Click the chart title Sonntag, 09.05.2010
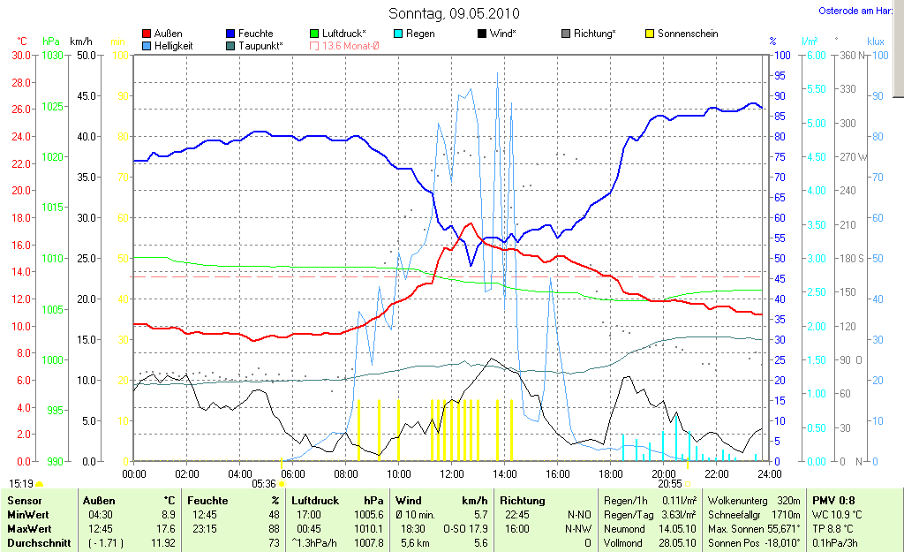(454, 13)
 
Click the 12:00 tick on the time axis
(452, 474)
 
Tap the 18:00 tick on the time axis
(611, 474)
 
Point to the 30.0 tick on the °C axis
(19, 55)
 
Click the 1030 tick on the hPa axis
(52, 55)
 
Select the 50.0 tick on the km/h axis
(87, 55)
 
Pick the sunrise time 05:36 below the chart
(264, 484)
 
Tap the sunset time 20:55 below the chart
(669, 484)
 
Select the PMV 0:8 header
(833, 501)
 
